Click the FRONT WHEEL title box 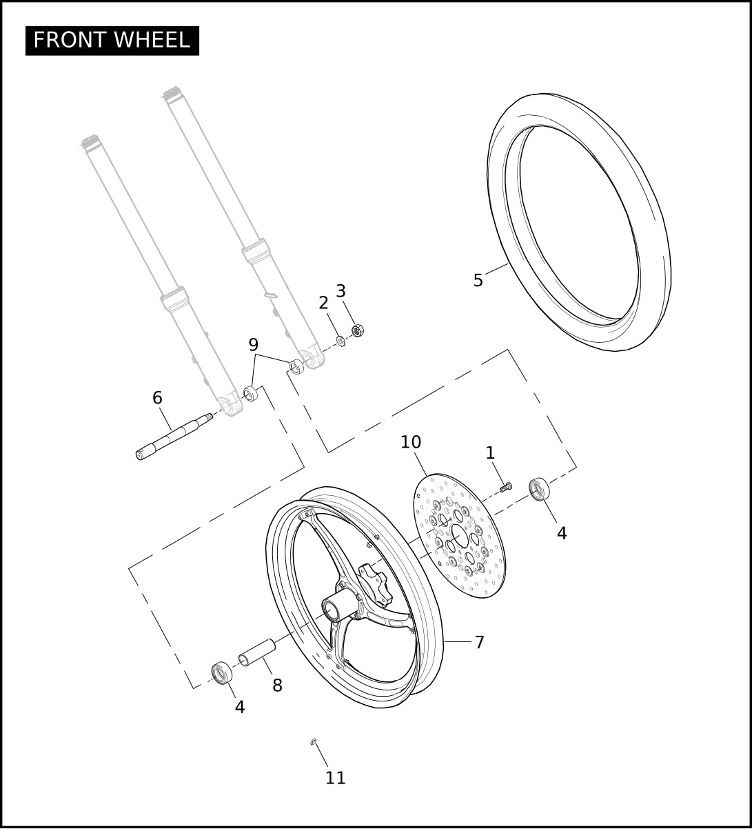[112, 41]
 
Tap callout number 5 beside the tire [478, 281]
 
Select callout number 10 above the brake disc [411, 442]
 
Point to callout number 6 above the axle [157, 398]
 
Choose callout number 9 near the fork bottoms [253, 345]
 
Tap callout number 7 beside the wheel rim [479, 643]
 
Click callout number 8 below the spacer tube [277, 686]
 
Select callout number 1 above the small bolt [490, 453]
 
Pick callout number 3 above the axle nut [341, 291]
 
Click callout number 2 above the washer [323, 303]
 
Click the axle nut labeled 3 [358, 330]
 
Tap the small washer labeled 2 [341, 341]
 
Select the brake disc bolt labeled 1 [506, 487]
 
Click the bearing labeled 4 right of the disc [539, 489]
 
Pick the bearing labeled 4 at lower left [222, 672]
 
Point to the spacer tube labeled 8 [257, 652]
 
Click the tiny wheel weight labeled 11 [313, 741]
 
